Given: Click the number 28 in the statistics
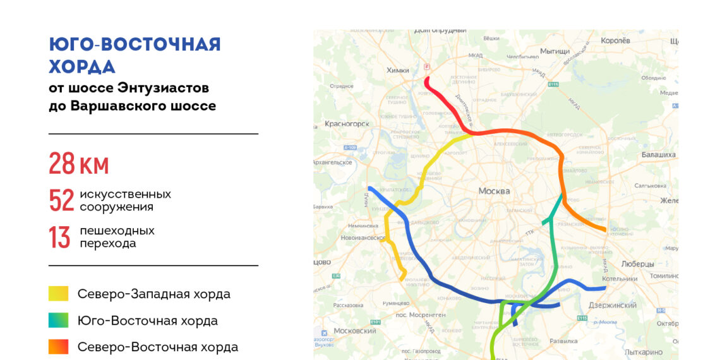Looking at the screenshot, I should (62, 164).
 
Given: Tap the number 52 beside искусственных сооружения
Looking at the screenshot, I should (61, 201).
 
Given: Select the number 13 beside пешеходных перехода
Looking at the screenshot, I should (59, 237).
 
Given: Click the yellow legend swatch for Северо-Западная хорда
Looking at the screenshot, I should (59, 294).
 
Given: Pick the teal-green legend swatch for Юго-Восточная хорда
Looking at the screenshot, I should (59, 320).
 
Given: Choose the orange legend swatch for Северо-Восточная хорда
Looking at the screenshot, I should (59, 347).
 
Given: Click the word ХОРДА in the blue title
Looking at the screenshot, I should (82, 67).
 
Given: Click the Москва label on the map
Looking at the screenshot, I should (494, 191).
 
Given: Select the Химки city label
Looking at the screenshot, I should (398, 71).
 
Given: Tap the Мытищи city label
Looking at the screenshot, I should (555, 51).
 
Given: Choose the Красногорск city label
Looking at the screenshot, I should (347, 124).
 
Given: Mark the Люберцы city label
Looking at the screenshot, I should (638, 264).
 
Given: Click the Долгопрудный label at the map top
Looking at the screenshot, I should (440, 30).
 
